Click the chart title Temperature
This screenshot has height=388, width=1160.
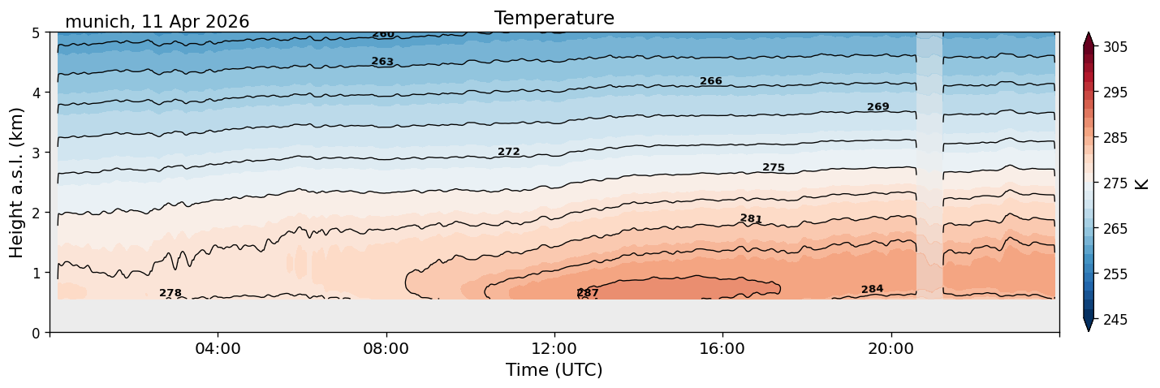[x=554, y=18]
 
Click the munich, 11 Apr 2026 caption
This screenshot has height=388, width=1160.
[x=157, y=22]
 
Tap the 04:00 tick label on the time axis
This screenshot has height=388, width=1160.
[x=218, y=348]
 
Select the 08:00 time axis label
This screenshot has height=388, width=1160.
[x=386, y=348]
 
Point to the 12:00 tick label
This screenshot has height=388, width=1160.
[x=554, y=348]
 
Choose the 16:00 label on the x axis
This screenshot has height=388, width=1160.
[x=722, y=348]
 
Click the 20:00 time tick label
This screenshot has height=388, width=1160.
[x=890, y=348]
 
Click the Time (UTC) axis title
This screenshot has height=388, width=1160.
[x=554, y=370]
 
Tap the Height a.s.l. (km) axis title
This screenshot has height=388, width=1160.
[x=16, y=183]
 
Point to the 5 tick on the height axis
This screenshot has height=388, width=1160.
[x=37, y=33]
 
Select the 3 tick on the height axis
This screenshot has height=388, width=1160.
[x=37, y=153]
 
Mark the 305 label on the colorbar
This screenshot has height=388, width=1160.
[x=1115, y=47]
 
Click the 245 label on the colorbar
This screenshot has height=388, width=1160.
[x=1115, y=320]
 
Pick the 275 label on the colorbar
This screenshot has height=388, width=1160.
[x=1115, y=183]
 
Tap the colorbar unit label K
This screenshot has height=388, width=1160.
[x=1141, y=183]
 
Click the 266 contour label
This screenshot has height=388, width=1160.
[x=710, y=81]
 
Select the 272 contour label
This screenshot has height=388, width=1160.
[x=508, y=152]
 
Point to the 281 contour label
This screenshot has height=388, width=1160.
[x=751, y=218]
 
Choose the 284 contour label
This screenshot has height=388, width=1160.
[x=872, y=289]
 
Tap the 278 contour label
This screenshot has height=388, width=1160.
[x=170, y=293]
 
